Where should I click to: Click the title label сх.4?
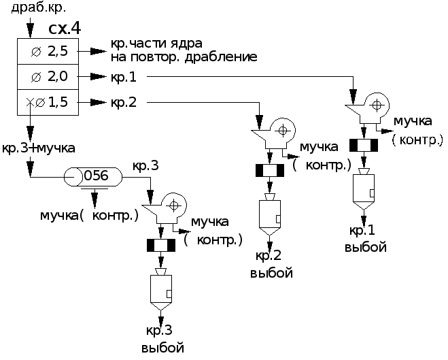tap(65, 29)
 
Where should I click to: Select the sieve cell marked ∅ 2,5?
tap(48, 51)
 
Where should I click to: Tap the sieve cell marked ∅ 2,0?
tap(48, 77)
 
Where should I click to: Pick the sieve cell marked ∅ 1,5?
tap(48, 102)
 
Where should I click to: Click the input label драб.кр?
tap(39, 7)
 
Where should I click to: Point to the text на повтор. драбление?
tap(184, 57)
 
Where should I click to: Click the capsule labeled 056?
tap(93, 177)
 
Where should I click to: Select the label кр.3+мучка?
tap(39, 148)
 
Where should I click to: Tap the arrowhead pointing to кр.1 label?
tap(99, 77)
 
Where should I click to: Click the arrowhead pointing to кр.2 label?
tap(99, 102)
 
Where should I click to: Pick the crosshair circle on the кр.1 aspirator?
tap(377, 105)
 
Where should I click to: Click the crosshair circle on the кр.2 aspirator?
tap(283, 131)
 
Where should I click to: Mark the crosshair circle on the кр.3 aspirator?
tap(174, 206)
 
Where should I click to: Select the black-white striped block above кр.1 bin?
tap(364, 145)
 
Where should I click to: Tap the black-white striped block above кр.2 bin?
tap(270, 171)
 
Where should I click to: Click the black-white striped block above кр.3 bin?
tap(161, 246)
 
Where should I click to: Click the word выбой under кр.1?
tap(366, 247)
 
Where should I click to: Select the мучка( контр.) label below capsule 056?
tap(89, 216)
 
